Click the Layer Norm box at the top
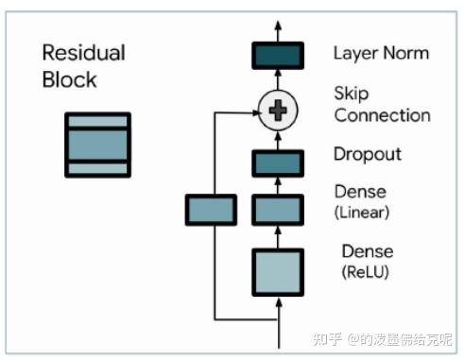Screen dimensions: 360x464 pos(277,56)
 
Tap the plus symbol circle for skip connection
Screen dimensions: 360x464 pos(277,111)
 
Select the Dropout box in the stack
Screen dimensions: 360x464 pos(277,163)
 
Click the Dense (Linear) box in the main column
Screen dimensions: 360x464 pos(277,209)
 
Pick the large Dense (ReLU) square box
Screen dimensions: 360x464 pos(277,273)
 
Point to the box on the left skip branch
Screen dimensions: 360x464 pos(210,209)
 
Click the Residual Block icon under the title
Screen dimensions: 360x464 pos(97,144)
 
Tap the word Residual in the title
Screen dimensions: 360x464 pos(83,53)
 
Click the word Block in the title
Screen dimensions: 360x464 pos(69,79)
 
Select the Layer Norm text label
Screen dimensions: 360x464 pos(380,53)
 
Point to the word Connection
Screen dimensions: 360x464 pos(382,116)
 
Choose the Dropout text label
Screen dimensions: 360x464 pos(368,154)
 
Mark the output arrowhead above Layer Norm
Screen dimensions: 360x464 pos(277,23)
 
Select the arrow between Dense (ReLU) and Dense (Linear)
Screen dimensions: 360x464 pos(277,235)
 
